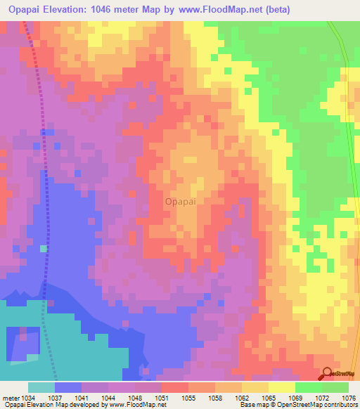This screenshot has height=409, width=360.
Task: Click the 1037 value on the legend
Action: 54,397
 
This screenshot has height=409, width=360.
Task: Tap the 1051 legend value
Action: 161,397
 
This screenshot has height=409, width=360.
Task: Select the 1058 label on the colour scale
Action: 214,397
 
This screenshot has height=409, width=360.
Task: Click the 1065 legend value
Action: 268,397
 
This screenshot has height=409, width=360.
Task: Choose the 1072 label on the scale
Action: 321,397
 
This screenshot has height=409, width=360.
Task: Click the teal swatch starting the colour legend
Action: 41,387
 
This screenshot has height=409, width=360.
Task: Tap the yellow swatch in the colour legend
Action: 281,387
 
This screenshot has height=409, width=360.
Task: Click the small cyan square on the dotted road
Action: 44,248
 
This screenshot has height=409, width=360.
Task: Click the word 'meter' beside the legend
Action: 9,397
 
